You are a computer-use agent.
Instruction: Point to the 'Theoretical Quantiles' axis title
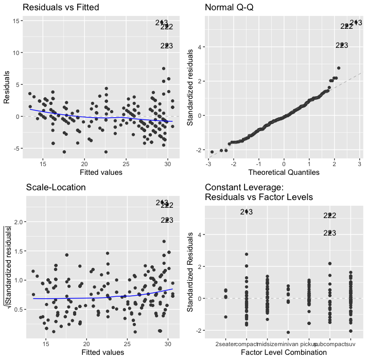[x=283, y=172]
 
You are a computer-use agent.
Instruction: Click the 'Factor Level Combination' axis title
[x=283, y=352]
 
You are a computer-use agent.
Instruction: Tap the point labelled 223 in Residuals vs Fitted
[x=167, y=46]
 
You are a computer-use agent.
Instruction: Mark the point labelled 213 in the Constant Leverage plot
[x=247, y=211]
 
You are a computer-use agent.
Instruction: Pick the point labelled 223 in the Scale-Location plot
[x=167, y=220]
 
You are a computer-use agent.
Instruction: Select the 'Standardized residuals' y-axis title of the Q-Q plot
[x=190, y=85]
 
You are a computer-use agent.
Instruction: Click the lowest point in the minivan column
[x=288, y=332]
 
